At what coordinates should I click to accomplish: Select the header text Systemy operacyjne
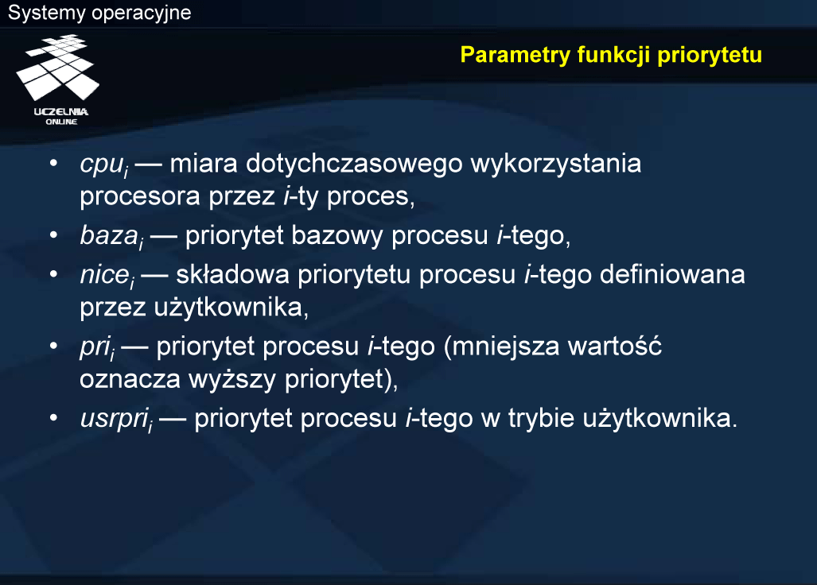(x=99, y=13)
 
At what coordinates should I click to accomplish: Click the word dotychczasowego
(x=354, y=165)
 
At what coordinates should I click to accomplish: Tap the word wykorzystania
(x=556, y=165)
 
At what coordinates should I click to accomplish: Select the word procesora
(x=140, y=198)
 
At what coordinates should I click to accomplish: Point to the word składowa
(x=232, y=274)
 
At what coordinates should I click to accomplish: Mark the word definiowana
(x=672, y=274)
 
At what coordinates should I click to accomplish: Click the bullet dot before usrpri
(x=53, y=418)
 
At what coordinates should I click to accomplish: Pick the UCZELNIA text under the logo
(x=61, y=111)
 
